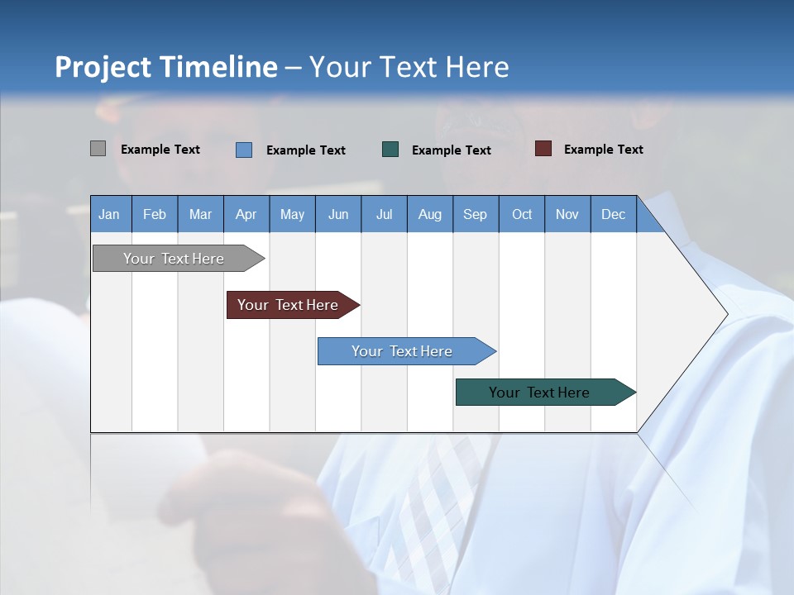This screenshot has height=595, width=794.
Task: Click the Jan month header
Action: pyautogui.click(x=109, y=214)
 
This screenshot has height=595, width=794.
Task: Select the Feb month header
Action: pyautogui.click(x=155, y=214)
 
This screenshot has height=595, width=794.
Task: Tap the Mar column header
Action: pyautogui.click(x=200, y=214)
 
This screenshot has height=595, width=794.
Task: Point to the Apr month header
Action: pyautogui.click(x=246, y=214)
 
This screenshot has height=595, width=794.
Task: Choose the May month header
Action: pyautogui.click(x=292, y=214)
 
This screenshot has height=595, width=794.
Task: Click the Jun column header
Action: pyautogui.click(x=338, y=214)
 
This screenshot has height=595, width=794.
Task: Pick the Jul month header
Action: pyautogui.click(x=384, y=214)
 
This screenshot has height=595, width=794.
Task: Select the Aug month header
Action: pyautogui.click(x=429, y=214)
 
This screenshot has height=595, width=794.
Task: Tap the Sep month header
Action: pyautogui.click(x=475, y=214)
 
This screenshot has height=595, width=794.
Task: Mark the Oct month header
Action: pyautogui.click(x=522, y=214)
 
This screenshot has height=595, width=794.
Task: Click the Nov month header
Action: pyautogui.click(x=567, y=214)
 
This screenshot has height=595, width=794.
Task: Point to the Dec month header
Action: pyautogui.click(x=613, y=214)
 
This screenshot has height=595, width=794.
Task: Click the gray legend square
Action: pyautogui.click(x=98, y=149)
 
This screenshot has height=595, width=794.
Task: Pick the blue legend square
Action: pyautogui.click(x=244, y=150)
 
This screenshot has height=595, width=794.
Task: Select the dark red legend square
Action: pyautogui.click(x=543, y=149)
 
